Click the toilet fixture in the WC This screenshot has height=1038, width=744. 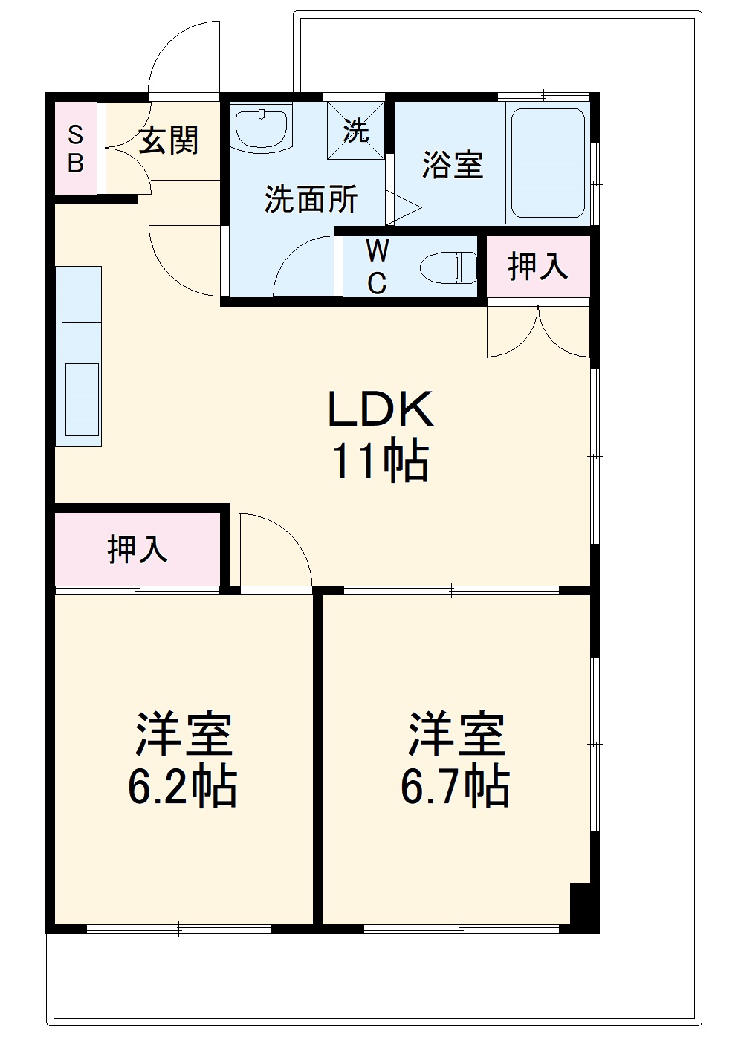pos(448,267)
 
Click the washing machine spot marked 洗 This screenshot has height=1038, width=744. pos(357,131)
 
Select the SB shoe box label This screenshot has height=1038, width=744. pos(76,149)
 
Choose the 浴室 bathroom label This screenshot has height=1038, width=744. pos(453,164)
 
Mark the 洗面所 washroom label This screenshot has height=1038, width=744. pos(311,198)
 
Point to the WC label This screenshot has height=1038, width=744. pos(377,267)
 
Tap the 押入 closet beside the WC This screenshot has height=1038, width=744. pos(537,266)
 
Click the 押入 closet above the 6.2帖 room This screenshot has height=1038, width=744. pos(138,549)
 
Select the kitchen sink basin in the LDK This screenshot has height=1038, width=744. pos(82,399)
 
